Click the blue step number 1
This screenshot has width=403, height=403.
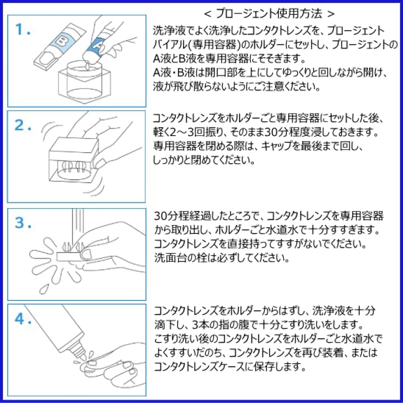tap(22, 30)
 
